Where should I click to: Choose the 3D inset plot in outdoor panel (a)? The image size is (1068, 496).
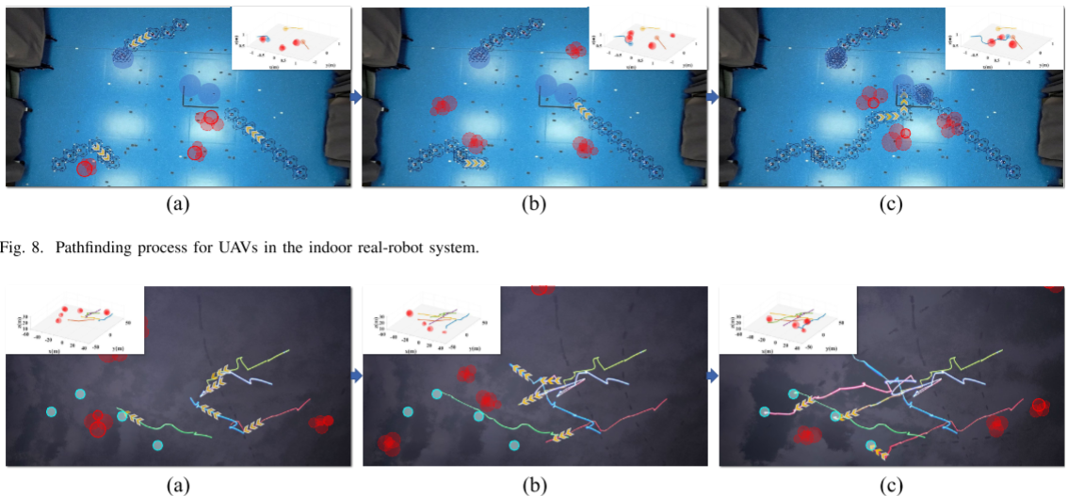(73, 320)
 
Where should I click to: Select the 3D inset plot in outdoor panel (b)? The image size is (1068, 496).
(430, 320)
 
